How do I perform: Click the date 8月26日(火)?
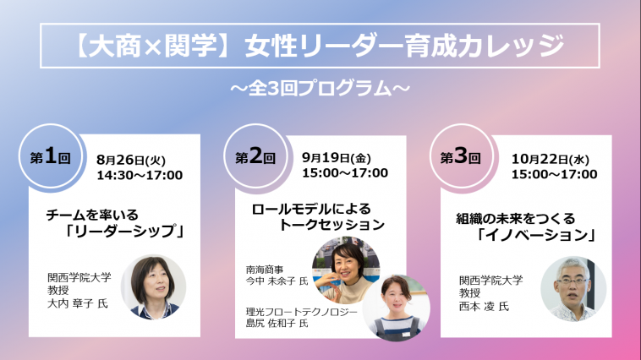[131, 160]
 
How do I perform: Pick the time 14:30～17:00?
[140, 175]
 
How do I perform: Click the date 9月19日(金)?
[337, 158]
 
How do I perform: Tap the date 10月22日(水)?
[551, 159]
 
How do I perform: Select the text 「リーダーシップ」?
[124, 232]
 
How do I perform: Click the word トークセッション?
[331, 225]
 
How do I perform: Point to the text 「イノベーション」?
[536, 235]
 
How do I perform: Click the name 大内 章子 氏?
[78, 303]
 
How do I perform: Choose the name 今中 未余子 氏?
[277, 281]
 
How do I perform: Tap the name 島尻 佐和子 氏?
[277, 324]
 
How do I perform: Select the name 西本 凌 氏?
[484, 306]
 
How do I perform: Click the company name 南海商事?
[265, 270]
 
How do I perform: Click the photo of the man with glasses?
[573, 289]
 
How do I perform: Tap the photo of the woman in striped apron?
[396, 308]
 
